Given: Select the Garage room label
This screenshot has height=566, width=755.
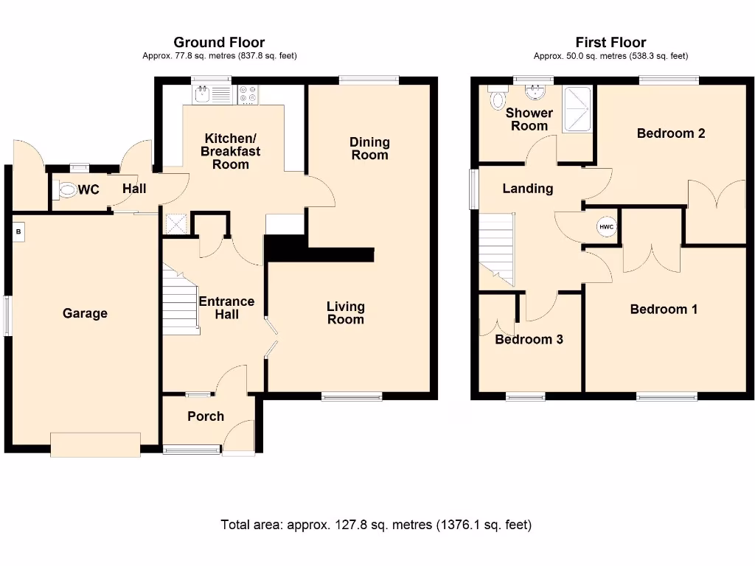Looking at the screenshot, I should (85, 313).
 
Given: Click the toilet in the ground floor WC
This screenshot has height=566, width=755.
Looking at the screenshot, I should (67, 190).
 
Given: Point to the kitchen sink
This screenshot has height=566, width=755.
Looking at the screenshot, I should (202, 94).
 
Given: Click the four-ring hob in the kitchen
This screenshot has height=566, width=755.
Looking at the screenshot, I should (248, 94).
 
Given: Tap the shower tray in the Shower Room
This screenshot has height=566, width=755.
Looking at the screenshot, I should (577, 109).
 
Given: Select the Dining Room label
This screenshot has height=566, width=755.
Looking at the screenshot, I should (369, 148).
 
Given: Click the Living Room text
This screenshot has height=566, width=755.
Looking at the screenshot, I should (345, 312).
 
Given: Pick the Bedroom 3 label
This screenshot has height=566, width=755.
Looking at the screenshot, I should (529, 340).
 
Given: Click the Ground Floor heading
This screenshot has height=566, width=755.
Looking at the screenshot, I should (218, 43).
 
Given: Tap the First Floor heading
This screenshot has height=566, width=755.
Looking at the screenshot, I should (610, 43).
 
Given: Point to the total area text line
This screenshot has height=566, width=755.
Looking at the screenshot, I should (376, 525).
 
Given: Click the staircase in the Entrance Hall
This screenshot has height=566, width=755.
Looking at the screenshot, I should (180, 302).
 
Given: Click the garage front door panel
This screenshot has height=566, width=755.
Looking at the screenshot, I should (95, 444).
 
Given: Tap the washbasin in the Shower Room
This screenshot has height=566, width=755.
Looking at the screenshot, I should (534, 91).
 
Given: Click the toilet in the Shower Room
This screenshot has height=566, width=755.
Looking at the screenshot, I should (498, 98).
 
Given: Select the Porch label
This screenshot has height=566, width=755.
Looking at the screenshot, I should (206, 416).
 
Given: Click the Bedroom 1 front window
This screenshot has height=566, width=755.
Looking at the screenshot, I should (667, 396).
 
